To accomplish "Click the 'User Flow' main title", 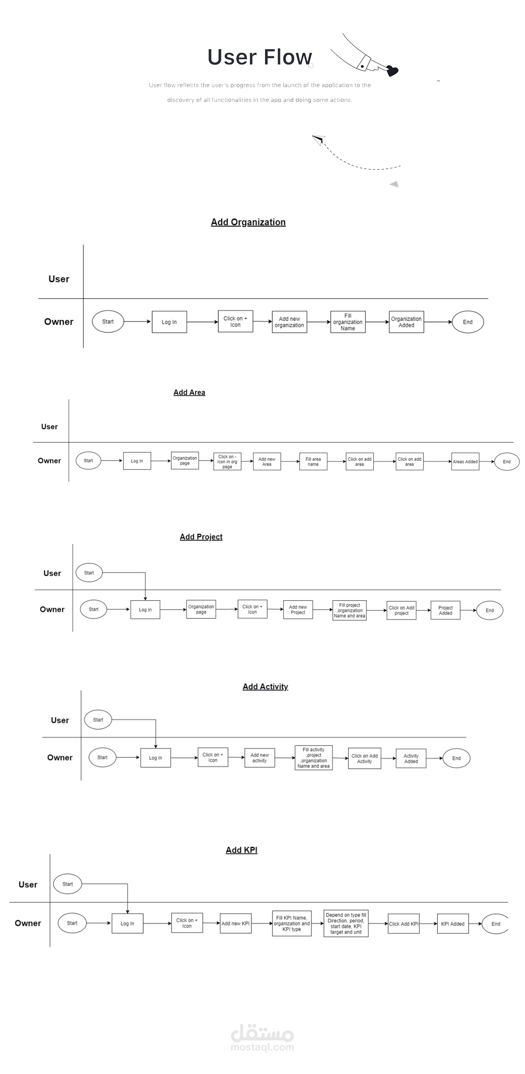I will tap(259, 57).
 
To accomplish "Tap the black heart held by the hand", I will tap(392, 70).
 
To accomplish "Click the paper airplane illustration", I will tap(319, 140).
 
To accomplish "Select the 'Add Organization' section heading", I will tap(248, 222).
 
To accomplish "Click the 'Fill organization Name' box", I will tap(348, 322).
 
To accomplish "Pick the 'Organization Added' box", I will tap(406, 322).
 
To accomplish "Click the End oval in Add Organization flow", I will tap(468, 322).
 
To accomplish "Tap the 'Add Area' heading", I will tap(189, 392).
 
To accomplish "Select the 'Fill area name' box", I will tap(313, 461).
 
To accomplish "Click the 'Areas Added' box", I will tap(465, 461).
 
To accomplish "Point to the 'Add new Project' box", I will tap(298, 610).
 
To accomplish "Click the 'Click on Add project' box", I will tap(402, 610).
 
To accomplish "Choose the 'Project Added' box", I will tap(445, 610).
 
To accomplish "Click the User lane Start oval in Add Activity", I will tap(98, 720).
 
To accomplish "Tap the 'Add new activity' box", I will tap(259, 758).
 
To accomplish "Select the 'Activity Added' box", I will tap(411, 758).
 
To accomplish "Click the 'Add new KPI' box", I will tap(235, 923).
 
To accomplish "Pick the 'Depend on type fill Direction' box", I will tap(346, 923).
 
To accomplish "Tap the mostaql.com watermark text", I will tap(262, 1047).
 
